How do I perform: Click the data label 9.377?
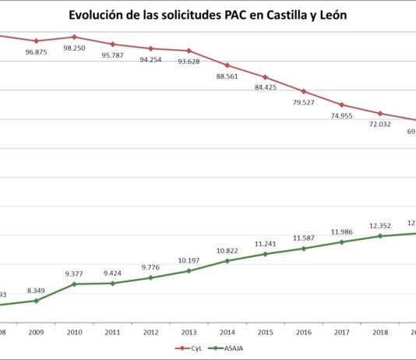click(74, 274)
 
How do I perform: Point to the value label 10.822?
click(227, 250)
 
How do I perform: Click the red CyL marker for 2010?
click(74, 37)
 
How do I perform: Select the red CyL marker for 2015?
click(265, 77)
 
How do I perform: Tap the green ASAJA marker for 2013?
click(189, 270)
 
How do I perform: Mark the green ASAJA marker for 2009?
click(36, 300)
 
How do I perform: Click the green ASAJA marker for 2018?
click(379, 236)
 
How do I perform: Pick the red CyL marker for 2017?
click(341, 104)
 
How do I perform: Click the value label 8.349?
click(36, 290)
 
